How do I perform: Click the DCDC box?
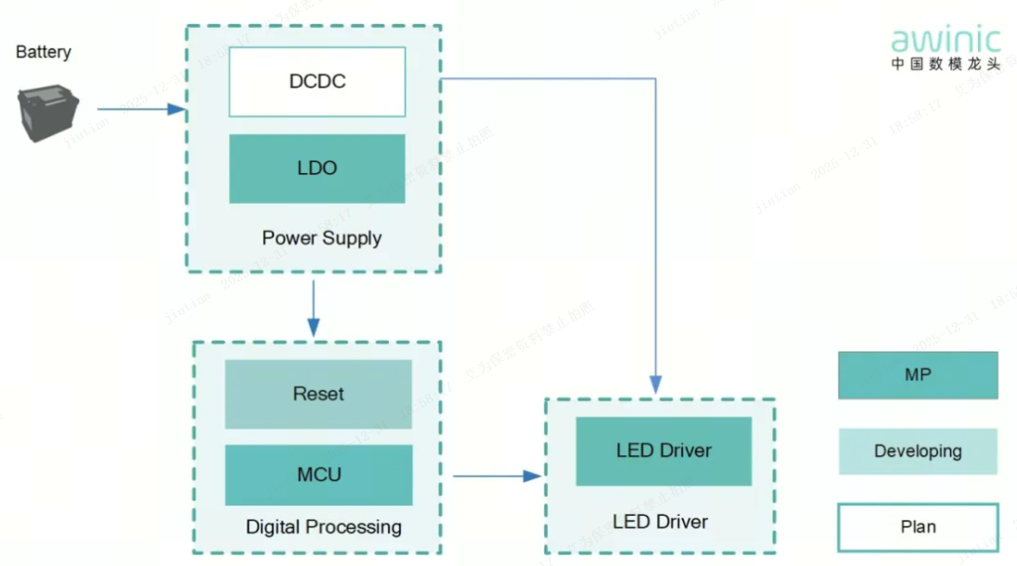tap(316, 82)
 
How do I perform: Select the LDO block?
tap(316, 168)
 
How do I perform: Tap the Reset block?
tap(318, 394)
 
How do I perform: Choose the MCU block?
tap(318, 475)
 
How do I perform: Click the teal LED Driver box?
tap(663, 451)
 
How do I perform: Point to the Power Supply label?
tap(321, 238)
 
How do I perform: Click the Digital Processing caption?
tap(323, 527)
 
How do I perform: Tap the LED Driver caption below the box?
tap(660, 521)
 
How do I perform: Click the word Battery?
tap(43, 52)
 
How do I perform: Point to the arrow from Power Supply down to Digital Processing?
tap(314, 307)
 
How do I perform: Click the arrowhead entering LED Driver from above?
tap(656, 384)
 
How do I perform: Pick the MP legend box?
tap(917, 375)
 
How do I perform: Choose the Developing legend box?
tap(917, 451)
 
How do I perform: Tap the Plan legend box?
tap(917, 527)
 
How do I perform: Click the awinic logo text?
tap(945, 40)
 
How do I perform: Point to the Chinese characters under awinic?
tap(945, 64)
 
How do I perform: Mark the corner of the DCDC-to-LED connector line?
tap(656, 80)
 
